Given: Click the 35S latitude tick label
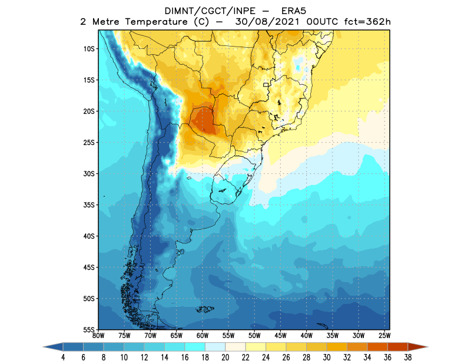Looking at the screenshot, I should pos(89,205).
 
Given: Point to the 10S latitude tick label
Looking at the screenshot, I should pos(89,48).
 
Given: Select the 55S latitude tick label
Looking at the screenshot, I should pos(89,329).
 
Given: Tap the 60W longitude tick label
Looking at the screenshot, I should pos(203,335).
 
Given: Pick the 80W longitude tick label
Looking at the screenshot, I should pos(99,335).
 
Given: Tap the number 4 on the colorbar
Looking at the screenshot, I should pos(62,358).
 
